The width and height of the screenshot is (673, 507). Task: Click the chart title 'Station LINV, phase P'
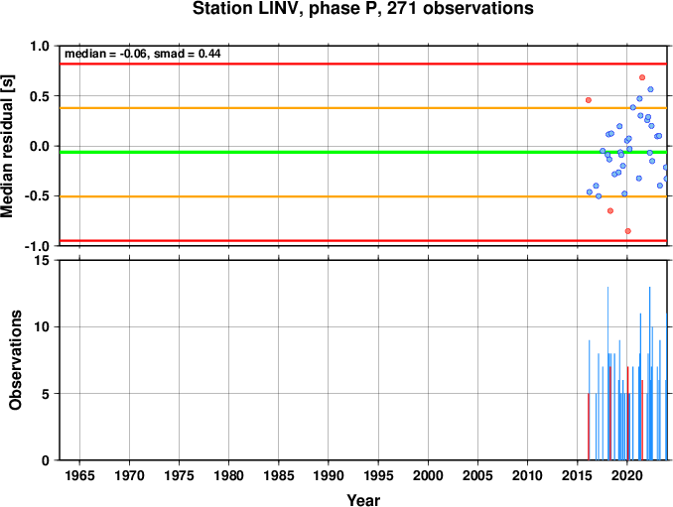(288, 9)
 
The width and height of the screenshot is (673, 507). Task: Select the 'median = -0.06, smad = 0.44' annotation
(143, 54)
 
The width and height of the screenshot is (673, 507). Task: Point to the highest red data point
(642, 77)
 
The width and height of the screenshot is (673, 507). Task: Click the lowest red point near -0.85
(628, 231)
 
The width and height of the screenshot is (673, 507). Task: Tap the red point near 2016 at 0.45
(589, 100)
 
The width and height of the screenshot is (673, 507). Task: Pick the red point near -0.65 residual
(610, 210)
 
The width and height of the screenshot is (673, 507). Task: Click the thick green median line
(363, 152)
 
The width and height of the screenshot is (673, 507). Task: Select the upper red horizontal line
(363, 63)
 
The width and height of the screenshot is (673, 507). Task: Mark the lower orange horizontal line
(363, 196)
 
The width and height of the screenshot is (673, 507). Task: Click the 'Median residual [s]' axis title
(7, 146)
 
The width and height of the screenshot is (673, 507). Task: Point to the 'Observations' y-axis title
(16, 360)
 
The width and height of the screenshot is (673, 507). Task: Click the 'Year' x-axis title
(363, 500)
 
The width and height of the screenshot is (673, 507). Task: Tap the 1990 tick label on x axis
(329, 475)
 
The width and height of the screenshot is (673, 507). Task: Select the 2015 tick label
(578, 475)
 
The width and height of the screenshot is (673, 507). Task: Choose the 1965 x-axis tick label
(79, 475)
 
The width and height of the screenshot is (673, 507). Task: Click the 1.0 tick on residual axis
(40, 46)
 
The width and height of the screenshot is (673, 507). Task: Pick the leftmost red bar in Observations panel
(589, 427)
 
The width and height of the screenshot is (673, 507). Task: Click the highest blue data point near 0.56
(650, 89)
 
